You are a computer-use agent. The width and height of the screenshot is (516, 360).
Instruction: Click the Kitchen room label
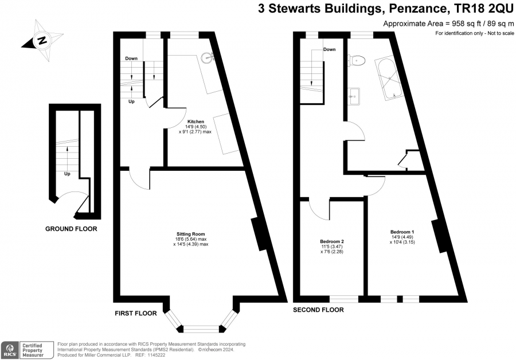pyautogui.click(x=196, y=122)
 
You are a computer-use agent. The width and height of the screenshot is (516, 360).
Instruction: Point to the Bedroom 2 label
pyautogui.click(x=332, y=241)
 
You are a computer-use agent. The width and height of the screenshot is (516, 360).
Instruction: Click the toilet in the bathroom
pyautogui.click(x=358, y=60)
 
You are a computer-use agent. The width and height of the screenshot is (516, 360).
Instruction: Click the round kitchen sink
pyautogui.click(x=208, y=57)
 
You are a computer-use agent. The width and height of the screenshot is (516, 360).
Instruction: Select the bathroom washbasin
pyautogui.click(x=354, y=96)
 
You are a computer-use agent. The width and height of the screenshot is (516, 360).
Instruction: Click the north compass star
pyautogui.click(x=42, y=41)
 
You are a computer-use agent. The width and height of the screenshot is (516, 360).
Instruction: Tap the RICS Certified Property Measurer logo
pyautogui.click(x=27, y=350)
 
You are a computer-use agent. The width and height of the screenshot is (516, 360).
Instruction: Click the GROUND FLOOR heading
pyautogui.click(x=71, y=229)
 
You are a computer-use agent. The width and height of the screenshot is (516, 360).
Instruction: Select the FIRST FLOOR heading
pyautogui.click(x=135, y=313)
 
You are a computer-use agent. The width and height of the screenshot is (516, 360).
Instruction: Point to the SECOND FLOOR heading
pyautogui.click(x=318, y=310)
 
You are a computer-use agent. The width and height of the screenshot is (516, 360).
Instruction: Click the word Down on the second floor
pyautogui.click(x=330, y=49)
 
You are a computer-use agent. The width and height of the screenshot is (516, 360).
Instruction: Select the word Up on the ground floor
pyautogui.click(x=67, y=174)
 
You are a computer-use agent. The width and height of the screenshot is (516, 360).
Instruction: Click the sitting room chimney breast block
pyautogui.click(x=260, y=234)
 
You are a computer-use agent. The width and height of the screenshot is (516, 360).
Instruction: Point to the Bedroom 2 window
pyautogui.click(x=344, y=299)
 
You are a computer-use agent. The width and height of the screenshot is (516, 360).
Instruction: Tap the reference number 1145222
pyautogui.click(x=157, y=355)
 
